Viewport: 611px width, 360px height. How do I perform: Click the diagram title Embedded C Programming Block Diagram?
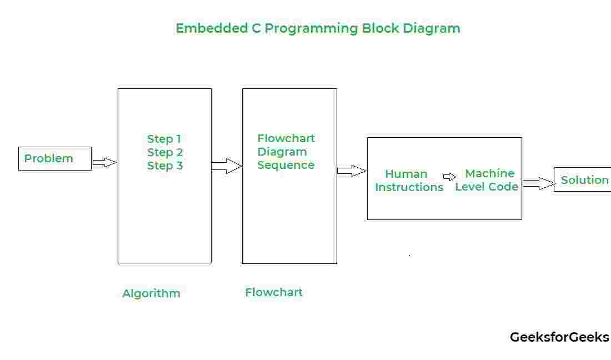pos(318,28)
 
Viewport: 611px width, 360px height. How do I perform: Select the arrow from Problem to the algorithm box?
pos(104,162)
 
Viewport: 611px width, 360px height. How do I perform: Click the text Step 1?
pos(164,139)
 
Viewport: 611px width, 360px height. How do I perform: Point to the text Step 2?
pos(165,152)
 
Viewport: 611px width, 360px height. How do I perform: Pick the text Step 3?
pos(165,166)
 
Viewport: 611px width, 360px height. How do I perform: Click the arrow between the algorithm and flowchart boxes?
pos(227,166)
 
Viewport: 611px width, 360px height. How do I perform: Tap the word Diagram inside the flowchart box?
pos(282,152)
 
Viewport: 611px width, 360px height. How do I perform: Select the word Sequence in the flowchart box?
pos(286,165)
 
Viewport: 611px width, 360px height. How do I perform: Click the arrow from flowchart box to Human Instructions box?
pos(352,171)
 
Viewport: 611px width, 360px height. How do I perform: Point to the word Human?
pos(406,174)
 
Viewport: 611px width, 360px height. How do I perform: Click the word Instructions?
pos(409,187)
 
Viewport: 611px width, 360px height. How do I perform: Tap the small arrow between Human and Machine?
pos(450,177)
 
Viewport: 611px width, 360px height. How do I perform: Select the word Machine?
pos(490,173)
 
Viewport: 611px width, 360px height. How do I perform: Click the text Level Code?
pos(487,187)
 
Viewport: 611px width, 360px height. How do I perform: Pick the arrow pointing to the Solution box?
pos(538,183)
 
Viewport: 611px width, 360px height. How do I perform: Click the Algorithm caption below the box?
pos(152,293)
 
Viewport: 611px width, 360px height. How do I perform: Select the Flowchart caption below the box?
pos(273,292)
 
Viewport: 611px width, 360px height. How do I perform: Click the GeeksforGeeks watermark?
pos(559,337)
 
